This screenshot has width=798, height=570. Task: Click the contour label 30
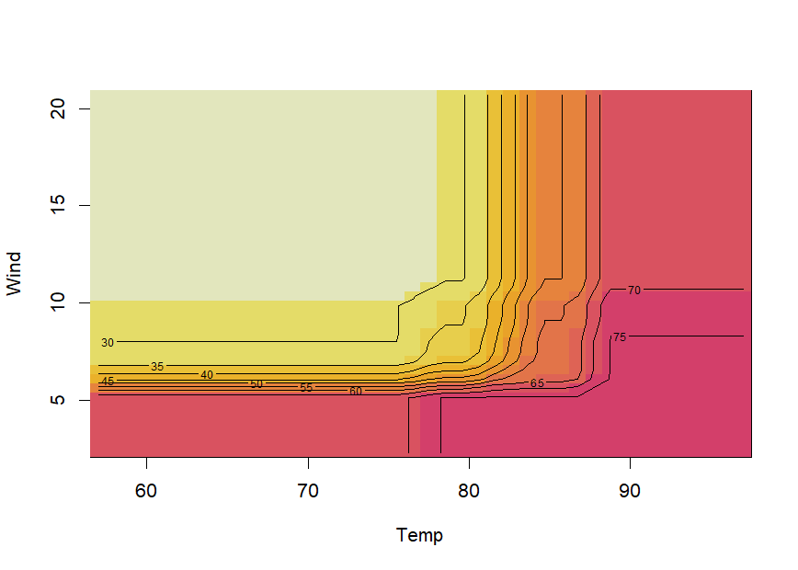pos(108,343)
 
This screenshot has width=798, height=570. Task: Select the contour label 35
pos(157,367)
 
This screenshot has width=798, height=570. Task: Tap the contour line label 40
pos(207,375)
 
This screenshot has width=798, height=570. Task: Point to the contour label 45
pos(108,382)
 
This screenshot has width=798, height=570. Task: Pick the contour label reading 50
pos(256,384)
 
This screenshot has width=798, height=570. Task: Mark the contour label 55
pos(306,388)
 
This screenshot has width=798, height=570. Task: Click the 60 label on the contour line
pos(356,392)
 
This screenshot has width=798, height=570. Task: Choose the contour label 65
pos(537,383)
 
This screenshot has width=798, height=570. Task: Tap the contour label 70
pos(634,291)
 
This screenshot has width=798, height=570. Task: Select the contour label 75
pos(620,337)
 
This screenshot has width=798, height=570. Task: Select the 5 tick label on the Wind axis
pos(58,400)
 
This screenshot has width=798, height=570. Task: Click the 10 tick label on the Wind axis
pos(58,302)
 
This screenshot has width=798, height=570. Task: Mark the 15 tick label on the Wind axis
pos(58,205)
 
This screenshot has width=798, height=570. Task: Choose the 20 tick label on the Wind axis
pos(58,108)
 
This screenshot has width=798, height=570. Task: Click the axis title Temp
pos(419,535)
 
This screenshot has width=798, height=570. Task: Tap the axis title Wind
pos(14,274)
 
